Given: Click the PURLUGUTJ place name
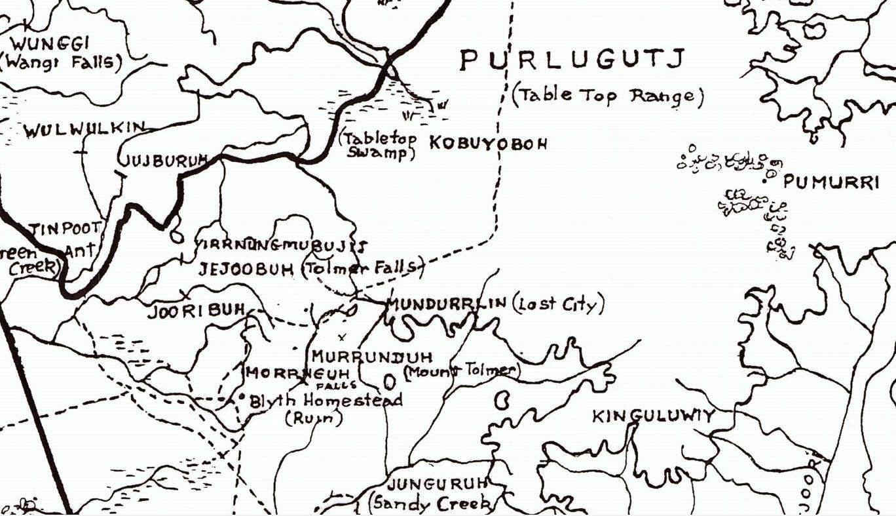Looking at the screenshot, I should [572, 60].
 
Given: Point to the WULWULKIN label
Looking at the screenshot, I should [83, 130].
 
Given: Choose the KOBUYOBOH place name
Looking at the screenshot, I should [487, 144].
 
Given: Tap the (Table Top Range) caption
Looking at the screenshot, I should [608, 96].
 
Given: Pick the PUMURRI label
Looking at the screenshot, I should [831, 182].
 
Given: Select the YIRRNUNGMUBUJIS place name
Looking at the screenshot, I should [280, 246].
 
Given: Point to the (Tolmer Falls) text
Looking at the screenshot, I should [359, 268].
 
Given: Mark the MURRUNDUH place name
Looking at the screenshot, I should [371, 357].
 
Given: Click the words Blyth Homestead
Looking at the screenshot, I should [326, 401].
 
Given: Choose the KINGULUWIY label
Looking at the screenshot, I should [653, 416].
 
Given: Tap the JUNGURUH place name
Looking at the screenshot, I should [438, 485].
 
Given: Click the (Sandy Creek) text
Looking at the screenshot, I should [432, 504].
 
